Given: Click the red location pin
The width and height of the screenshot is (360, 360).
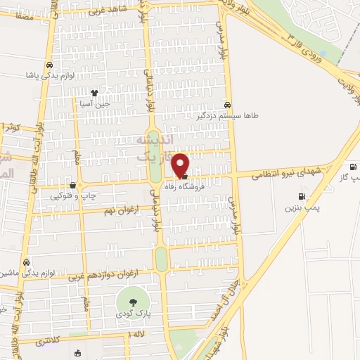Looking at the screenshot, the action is click(x=181, y=164).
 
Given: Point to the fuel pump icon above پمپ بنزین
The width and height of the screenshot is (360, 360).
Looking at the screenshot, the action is click(x=302, y=196).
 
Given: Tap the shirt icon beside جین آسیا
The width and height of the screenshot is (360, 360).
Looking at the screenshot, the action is click(x=94, y=92).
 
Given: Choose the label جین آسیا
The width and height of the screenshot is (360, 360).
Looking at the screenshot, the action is click(x=96, y=104).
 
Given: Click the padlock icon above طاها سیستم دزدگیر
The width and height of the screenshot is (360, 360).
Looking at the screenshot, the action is click(x=226, y=103).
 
